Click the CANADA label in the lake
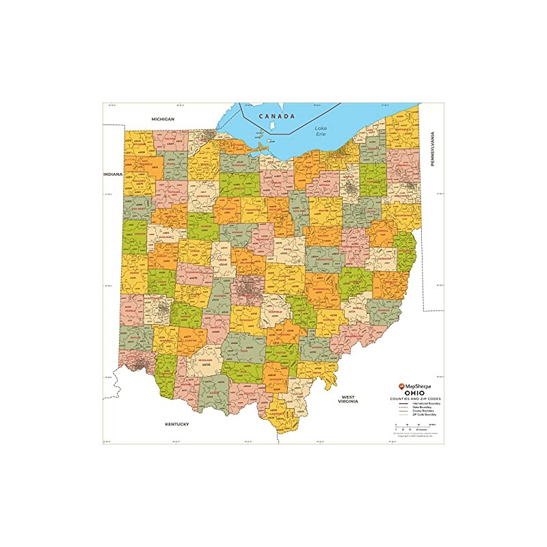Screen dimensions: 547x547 point(277,116)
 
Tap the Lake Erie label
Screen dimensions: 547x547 point(321,131)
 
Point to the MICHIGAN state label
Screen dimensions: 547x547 point(163,119)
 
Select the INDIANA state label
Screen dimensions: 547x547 point(113,174)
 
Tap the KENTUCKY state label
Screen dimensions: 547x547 point(176,424)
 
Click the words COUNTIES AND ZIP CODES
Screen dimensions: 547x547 point(415,399)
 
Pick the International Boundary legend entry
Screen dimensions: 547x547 point(424,403)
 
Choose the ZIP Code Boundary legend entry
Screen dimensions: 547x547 point(424,414)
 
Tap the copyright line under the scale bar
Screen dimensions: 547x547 point(414,436)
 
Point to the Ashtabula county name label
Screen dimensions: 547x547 point(402,127)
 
